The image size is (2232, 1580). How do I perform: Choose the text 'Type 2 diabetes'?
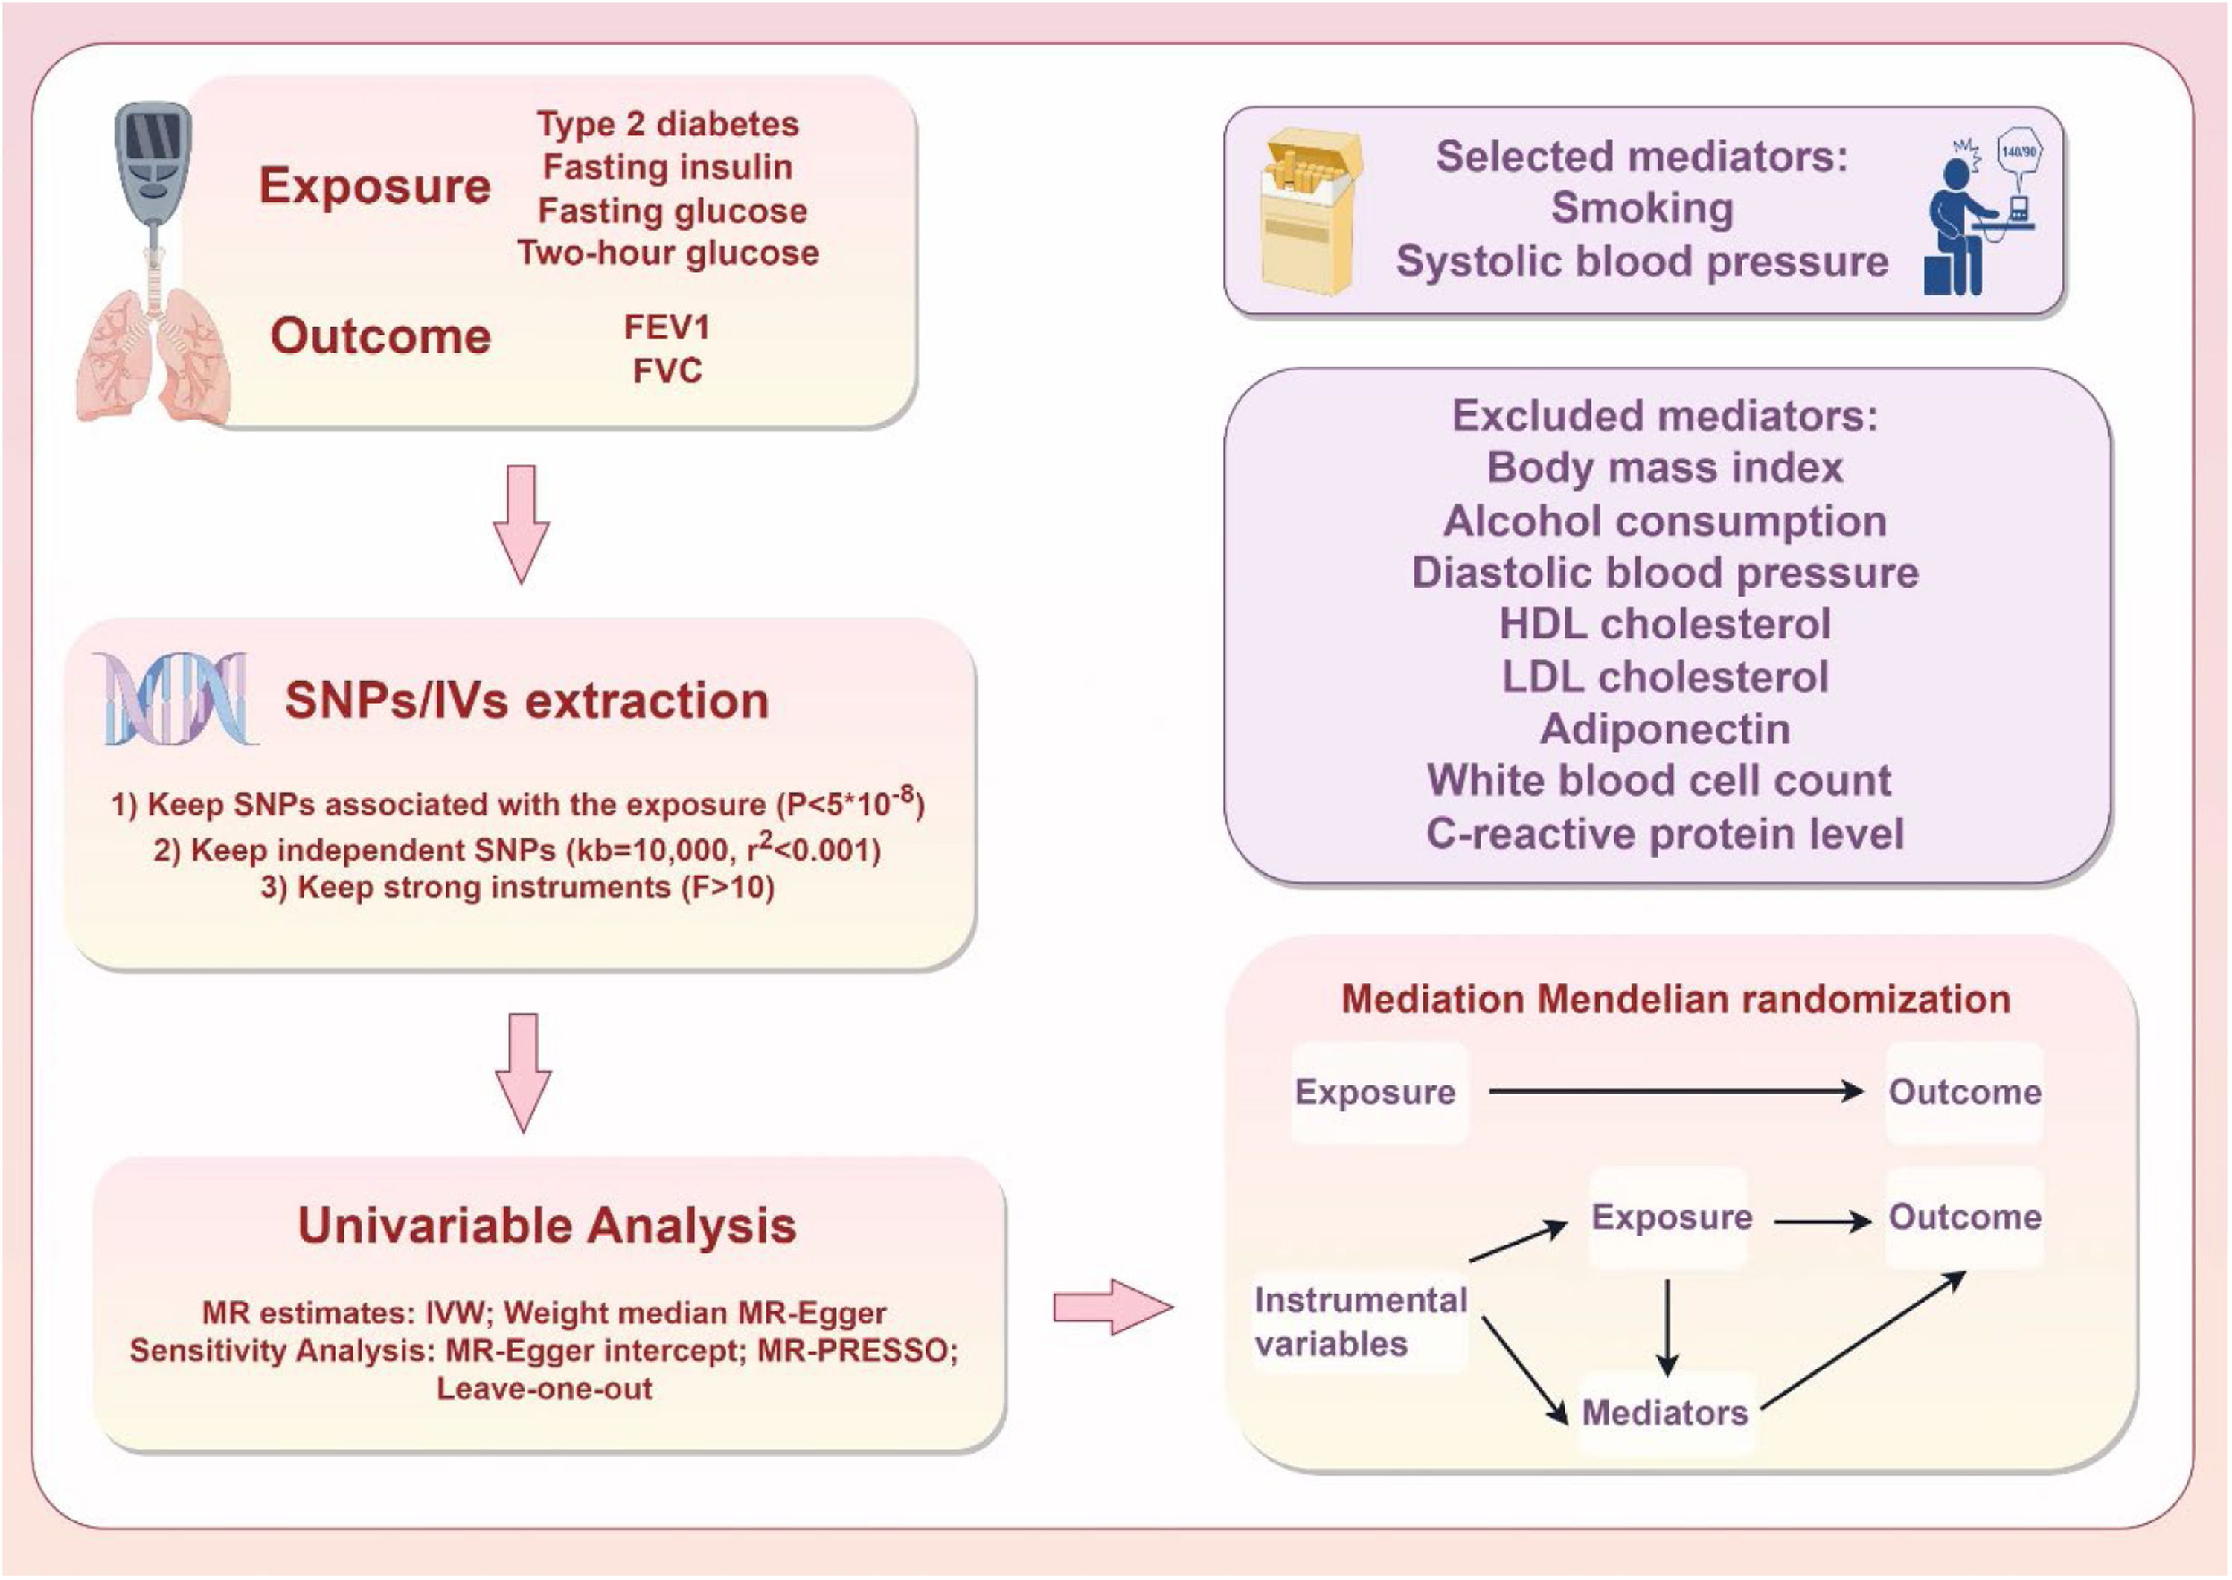pos(667,124)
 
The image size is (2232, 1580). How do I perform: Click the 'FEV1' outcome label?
pos(667,328)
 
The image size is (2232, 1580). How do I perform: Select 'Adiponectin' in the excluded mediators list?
pos(1665,729)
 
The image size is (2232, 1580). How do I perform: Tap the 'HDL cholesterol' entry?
pos(1665,623)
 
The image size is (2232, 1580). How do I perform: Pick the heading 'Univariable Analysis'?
pos(547,1225)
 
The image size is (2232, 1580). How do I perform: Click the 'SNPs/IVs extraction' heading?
pos(526,701)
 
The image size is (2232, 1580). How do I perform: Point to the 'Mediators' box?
pos(1665,1412)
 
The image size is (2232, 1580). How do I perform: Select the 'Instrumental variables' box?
pos(1360,1321)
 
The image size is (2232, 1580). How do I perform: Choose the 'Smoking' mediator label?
pos(1642,208)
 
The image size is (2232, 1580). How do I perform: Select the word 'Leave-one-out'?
pos(544,1388)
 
